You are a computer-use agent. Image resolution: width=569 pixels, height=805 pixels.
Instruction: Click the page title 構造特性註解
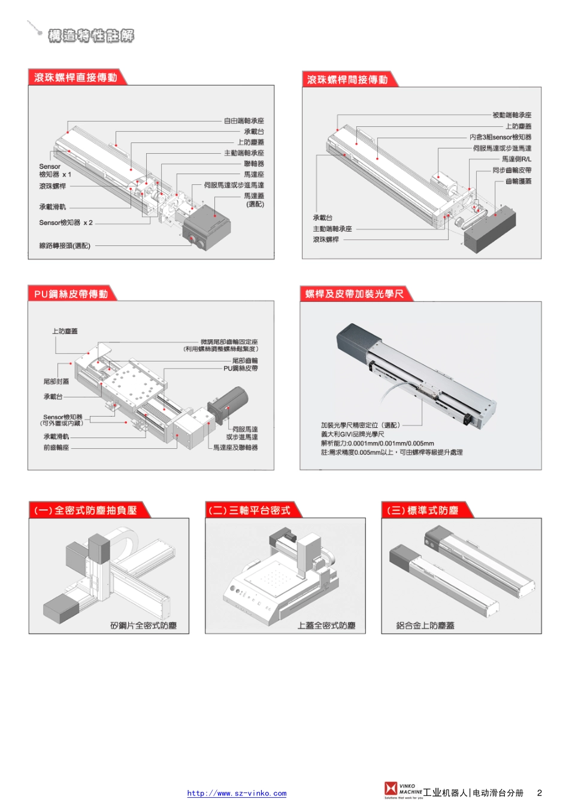(x=91, y=36)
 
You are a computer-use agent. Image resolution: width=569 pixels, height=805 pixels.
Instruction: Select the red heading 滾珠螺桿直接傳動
(x=75, y=78)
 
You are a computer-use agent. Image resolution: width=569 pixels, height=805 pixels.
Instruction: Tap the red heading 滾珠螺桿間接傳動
(x=347, y=80)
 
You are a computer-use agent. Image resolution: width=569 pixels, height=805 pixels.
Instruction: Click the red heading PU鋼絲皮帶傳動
(x=71, y=294)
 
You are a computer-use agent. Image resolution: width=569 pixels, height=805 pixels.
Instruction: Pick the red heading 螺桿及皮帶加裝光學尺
(x=355, y=294)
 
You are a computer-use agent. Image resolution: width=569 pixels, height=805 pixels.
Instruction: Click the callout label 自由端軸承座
(x=244, y=121)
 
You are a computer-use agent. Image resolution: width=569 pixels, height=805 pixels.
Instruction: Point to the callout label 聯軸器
(x=254, y=164)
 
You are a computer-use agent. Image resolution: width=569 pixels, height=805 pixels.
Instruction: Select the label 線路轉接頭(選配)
(x=65, y=246)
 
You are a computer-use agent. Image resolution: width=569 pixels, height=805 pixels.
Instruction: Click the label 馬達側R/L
(x=516, y=159)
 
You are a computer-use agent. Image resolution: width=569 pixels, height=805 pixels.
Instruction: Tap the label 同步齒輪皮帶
(x=512, y=170)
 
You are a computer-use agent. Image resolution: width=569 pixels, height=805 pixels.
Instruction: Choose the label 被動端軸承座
(x=512, y=115)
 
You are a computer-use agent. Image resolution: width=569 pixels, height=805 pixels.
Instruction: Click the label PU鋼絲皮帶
(x=241, y=369)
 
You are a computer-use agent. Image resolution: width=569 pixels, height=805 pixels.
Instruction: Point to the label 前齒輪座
(x=56, y=448)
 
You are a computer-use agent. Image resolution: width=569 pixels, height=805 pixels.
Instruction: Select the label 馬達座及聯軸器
(x=235, y=448)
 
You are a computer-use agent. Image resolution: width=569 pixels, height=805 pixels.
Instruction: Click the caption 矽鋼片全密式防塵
(x=143, y=625)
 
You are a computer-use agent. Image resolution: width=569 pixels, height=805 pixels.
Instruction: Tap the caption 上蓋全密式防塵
(x=326, y=625)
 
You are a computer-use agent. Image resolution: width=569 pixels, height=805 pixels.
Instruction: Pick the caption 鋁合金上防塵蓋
(x=425, y=625)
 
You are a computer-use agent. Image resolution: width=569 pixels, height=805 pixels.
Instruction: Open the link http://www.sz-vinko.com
(x=237, y=794)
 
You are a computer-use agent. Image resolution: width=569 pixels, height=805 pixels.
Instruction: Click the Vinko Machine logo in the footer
(x=402, y=790)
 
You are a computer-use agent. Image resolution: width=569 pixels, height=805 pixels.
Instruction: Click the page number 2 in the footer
(x=539, y=793)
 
